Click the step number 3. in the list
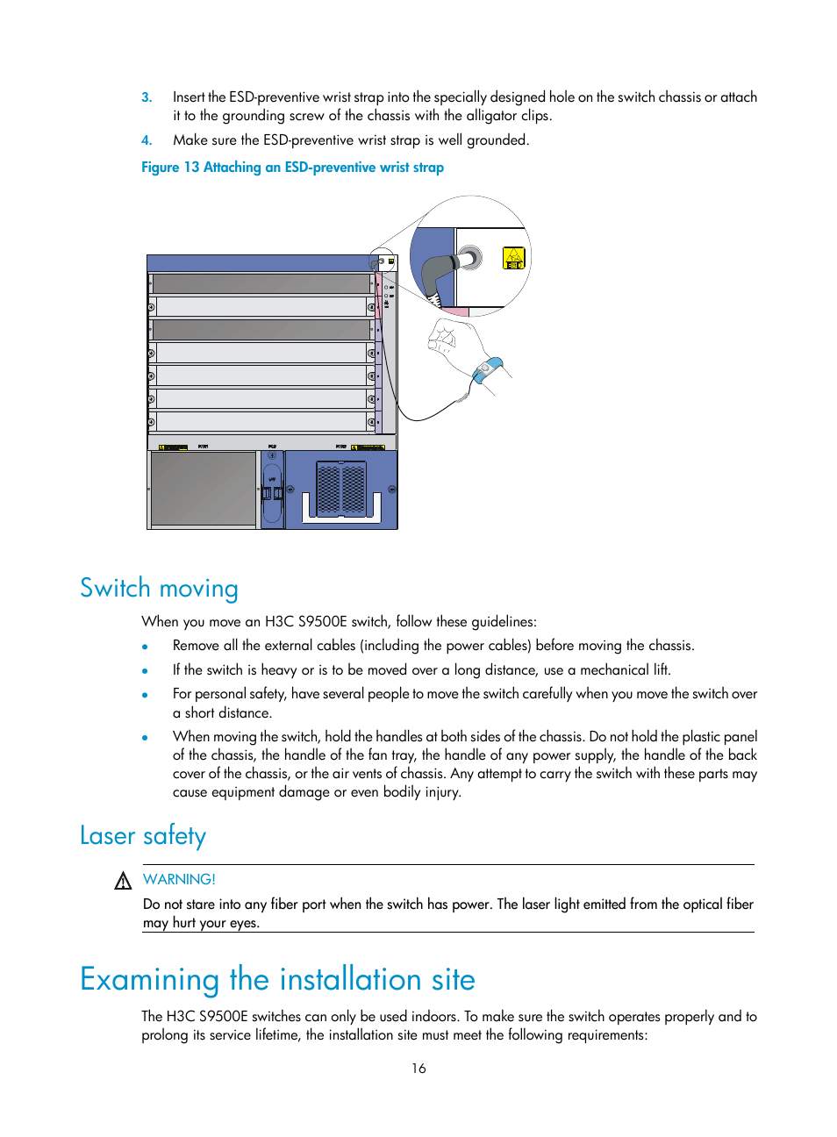pos(147,97)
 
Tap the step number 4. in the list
pos(147,140)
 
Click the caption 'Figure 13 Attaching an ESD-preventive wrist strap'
pos(292,168)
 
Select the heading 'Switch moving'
pos(159,588)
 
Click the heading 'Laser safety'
pos(143,835)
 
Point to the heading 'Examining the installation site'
pos(277,979)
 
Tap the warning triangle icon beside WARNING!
pos(123,881)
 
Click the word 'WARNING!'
pos(179,879)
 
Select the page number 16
pos(418,1069)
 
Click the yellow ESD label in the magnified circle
pos(513,258)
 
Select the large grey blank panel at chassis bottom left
pos(203,489)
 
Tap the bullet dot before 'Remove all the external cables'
pos(145,647)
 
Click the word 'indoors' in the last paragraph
pos(433,1017)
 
